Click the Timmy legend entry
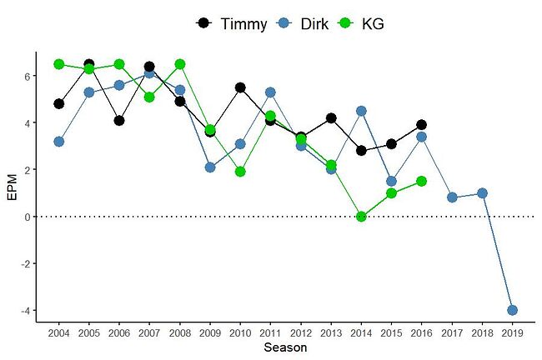[233, 23]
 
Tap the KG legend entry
[363, 23]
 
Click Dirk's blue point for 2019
[512, 310]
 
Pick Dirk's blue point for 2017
[452, 197]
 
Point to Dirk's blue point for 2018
[482, 193]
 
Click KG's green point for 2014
[361, 217]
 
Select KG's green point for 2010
[240, 172]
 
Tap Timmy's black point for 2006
[119, 120]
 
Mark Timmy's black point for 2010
[240, 87]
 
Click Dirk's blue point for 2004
[58, 142]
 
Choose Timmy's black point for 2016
[422, 125]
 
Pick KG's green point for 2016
[422, 181]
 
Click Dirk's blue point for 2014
[361, 111]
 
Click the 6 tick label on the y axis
[27, 76]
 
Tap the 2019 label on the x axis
[512, 333]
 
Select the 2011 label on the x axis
[270, 333]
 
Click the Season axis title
[285, 347]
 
